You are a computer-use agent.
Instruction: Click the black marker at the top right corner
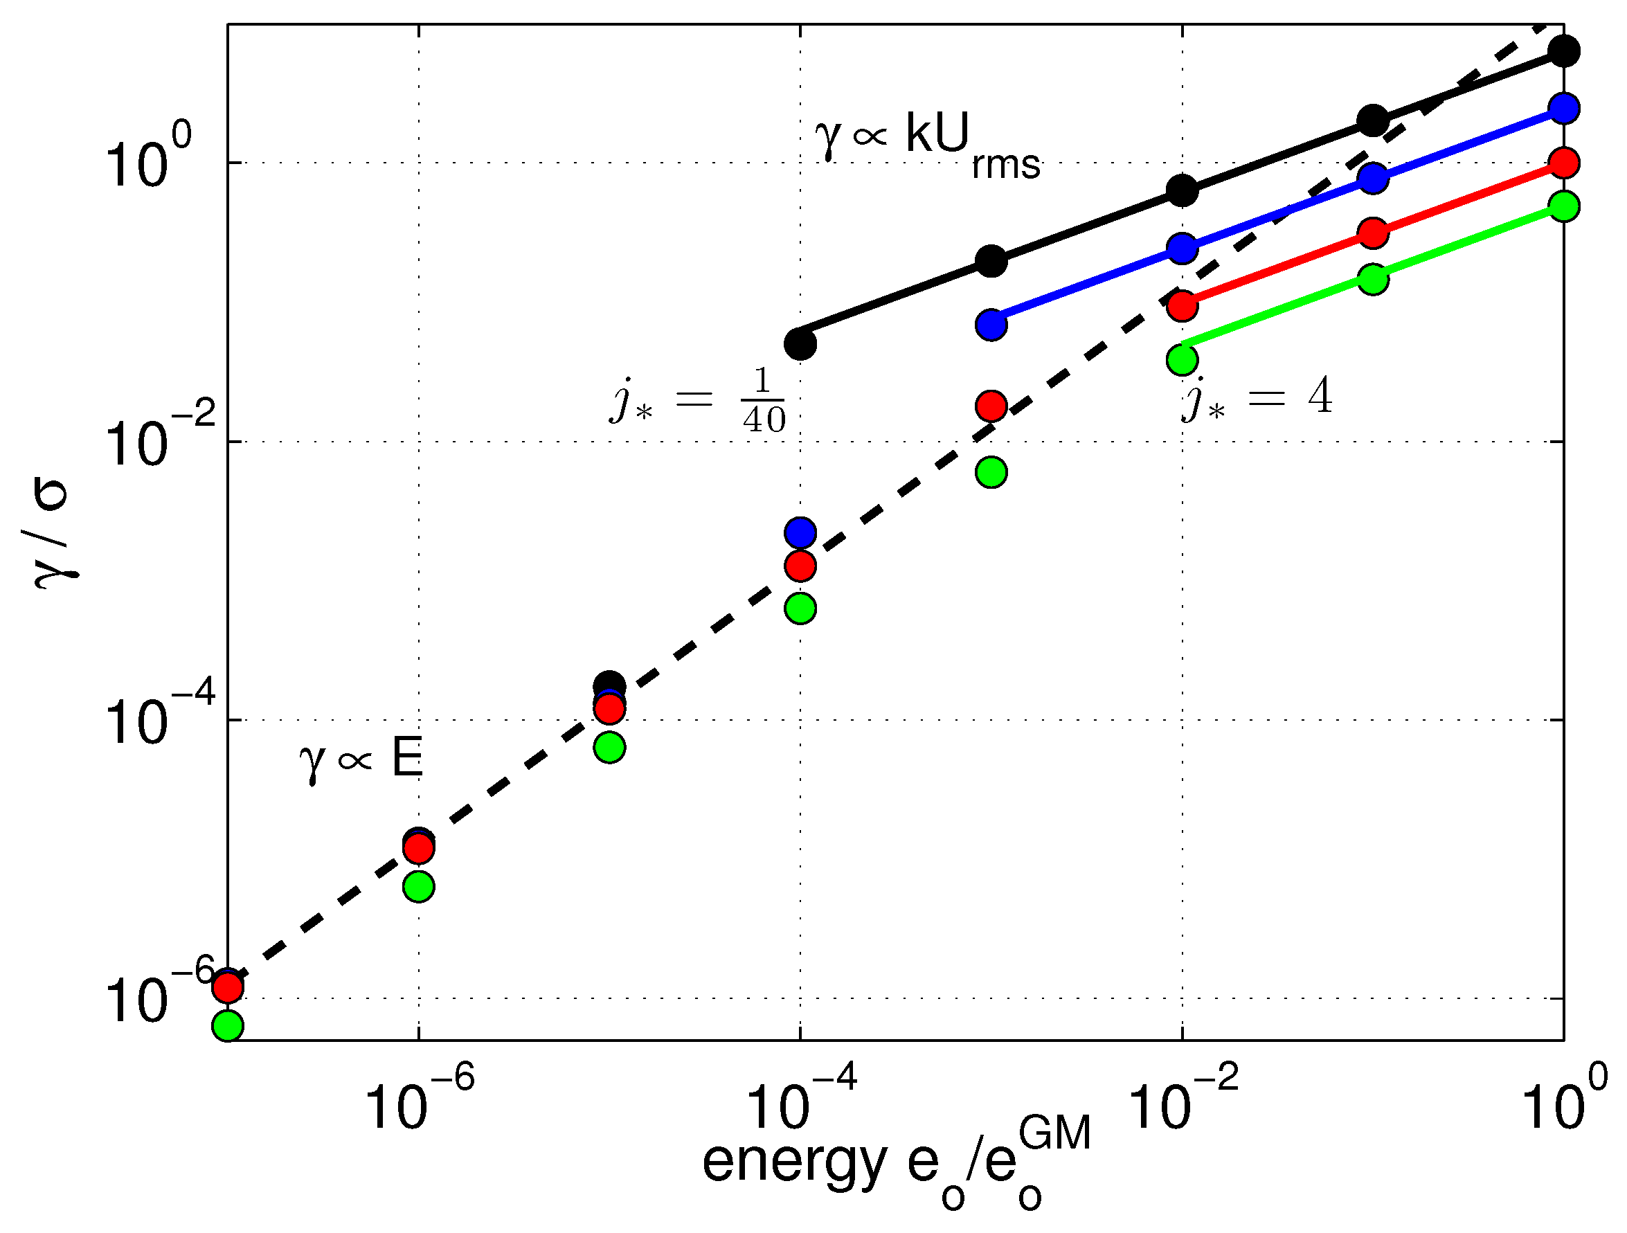(1564, 51)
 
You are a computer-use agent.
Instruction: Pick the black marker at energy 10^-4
(800, 343)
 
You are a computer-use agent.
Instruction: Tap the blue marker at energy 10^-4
(800, 532)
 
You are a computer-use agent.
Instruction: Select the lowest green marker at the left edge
(228, 1025)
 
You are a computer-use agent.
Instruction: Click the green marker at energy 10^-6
(418, 886)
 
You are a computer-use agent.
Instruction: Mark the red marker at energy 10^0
(1564, 163)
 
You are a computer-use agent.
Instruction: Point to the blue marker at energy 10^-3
(991, 325)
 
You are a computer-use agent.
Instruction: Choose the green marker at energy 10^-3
(991, 472)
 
